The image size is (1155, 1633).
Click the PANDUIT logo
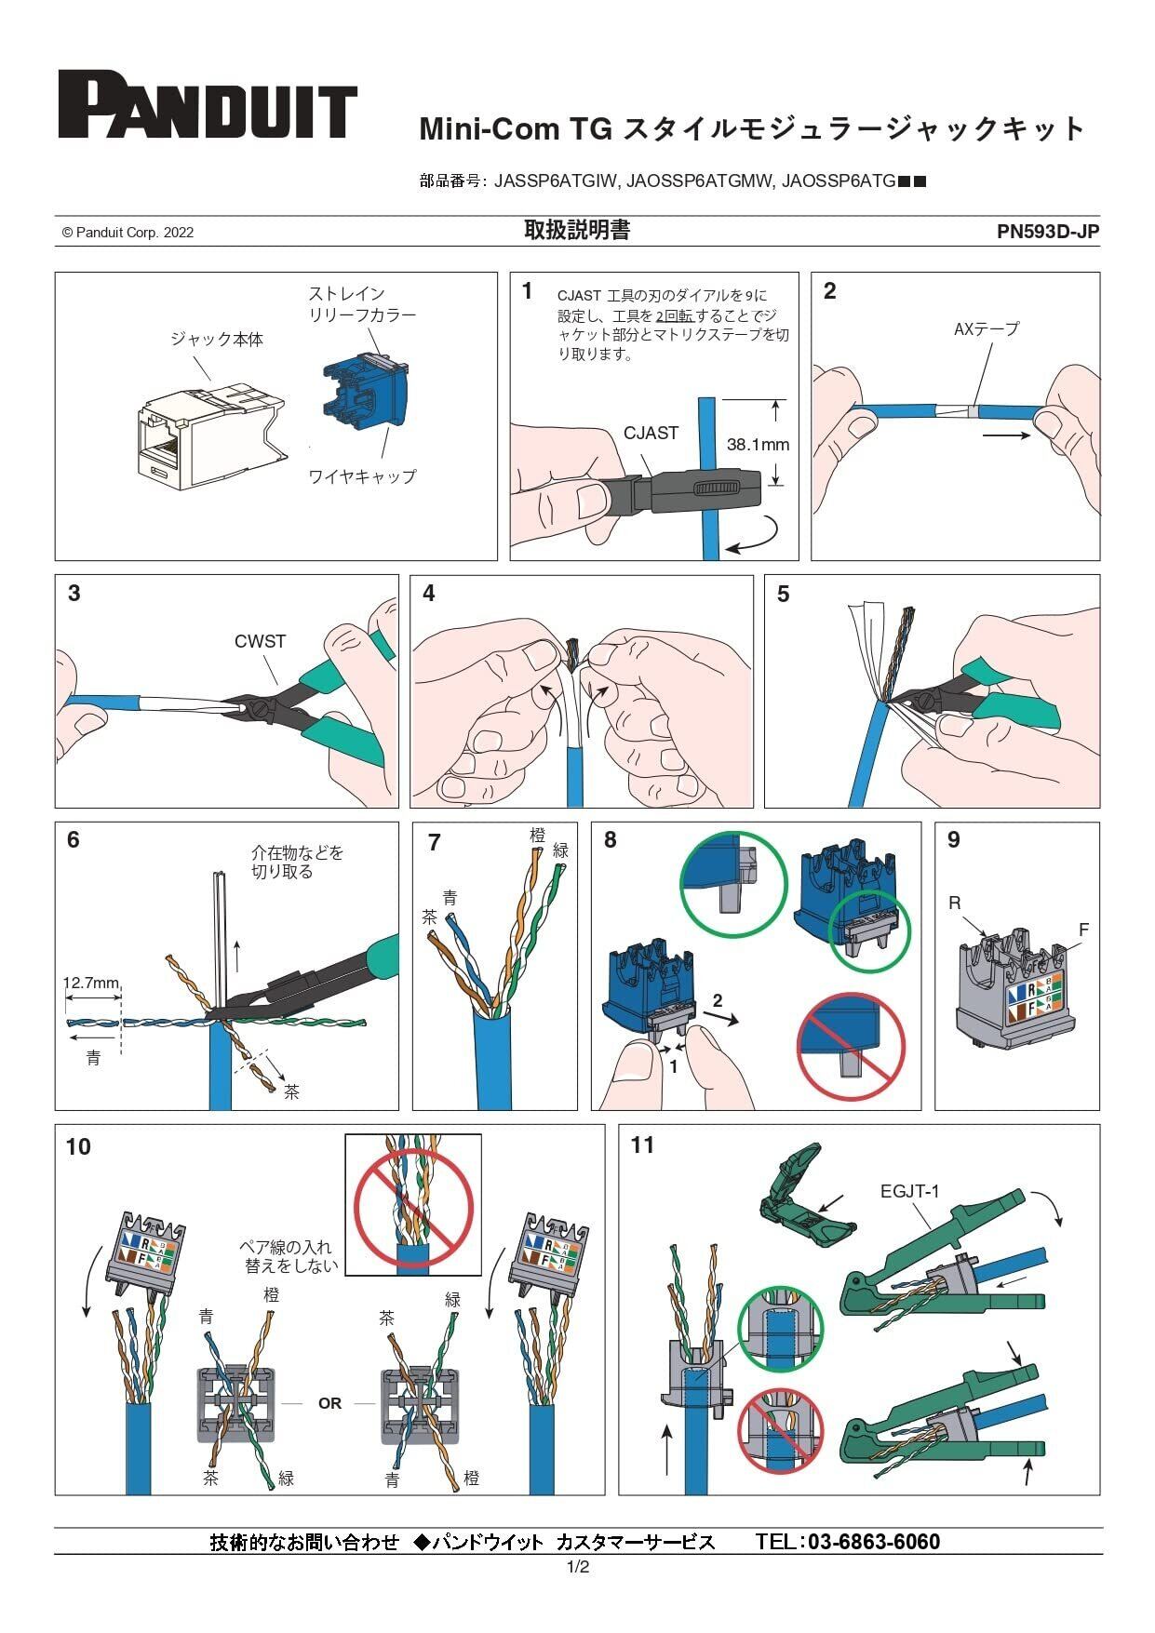click(208, 104)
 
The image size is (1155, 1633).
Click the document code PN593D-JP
click(1047, 232)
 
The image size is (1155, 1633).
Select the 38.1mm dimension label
click(758, 445)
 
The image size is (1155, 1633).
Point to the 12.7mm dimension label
click(91, 983)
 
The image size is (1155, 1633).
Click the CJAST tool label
click(651, 433)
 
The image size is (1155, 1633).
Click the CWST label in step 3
click(260, 641)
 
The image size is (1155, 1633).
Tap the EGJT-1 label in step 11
click(909, 1191)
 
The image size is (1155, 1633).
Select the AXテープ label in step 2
click(987, 328)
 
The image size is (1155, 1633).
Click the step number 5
click(783, 595)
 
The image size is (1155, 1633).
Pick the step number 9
click(953, 840)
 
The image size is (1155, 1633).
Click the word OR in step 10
click(329, 1403)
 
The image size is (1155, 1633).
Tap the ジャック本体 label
click(217, 340)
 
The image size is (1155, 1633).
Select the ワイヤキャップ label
click(362, 476)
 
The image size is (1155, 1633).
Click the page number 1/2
click(578, 1567)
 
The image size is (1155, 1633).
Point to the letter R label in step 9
click(955, 903)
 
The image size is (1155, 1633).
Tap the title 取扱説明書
click(577, 231)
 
